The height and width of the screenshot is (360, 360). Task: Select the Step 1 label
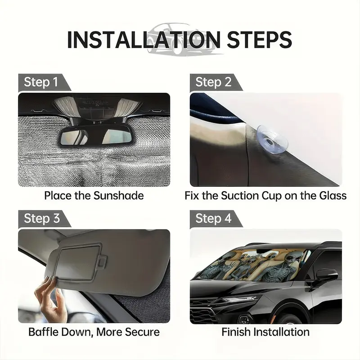tap(40, 82)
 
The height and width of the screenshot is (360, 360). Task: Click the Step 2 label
tap(213, 82)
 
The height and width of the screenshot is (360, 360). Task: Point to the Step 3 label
tap(42, 218)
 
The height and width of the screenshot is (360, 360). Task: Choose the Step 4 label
tap(213, 218)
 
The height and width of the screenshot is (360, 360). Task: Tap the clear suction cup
tap(272, 139)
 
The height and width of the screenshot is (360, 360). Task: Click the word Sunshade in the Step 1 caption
tap(118, 196)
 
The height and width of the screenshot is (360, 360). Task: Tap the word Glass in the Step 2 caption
tap(333, 196)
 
